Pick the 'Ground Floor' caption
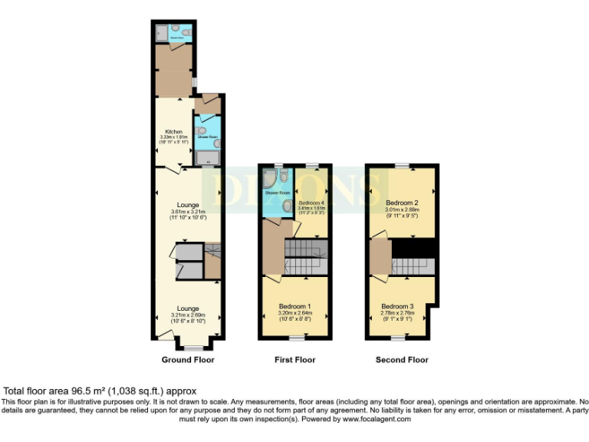tap(188, 360)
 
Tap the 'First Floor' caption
tap(294, 360)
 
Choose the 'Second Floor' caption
tap(402, 360)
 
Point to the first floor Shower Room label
tap(277, 193)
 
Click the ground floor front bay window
tap(189, 348)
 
